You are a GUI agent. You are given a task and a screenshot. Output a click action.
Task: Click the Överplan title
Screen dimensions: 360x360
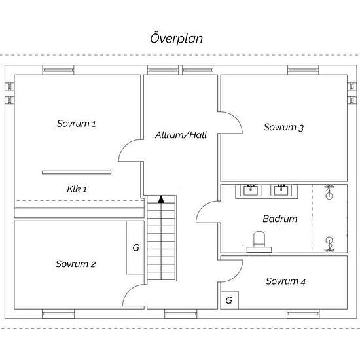click(176, 39)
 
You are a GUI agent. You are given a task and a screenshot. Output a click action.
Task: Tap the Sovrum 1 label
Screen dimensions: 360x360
click(76, 124)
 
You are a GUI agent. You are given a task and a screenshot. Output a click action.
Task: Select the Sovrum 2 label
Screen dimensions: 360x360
click(75, 264)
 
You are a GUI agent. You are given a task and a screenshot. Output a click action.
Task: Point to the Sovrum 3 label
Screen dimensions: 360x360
click(283, 127)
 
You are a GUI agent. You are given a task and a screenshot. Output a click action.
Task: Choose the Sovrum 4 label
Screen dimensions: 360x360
click(285, 281)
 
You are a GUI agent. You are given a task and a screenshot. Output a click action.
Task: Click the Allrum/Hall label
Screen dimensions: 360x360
click(181, 135)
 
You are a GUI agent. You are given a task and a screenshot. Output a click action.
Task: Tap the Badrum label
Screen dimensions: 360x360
click(280, 219)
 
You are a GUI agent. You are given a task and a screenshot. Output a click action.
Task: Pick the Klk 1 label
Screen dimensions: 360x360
click(77, 189)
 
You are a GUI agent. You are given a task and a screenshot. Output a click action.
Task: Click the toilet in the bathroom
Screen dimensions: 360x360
click(259, 242)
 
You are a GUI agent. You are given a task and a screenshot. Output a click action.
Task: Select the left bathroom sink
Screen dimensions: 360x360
click(251, 190)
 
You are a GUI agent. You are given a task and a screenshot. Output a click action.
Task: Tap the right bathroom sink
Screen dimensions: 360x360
click(281, 190)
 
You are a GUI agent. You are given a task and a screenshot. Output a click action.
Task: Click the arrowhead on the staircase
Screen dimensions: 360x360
click(161, 199)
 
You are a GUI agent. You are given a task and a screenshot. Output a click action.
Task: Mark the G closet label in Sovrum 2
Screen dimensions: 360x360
click(136, 247)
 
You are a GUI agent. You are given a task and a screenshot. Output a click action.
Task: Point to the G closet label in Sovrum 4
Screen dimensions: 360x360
click(229, 300)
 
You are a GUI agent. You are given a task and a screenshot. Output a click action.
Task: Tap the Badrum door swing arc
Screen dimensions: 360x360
click(202, 207)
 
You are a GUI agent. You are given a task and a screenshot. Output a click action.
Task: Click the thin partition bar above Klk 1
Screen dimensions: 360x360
click(77, 172)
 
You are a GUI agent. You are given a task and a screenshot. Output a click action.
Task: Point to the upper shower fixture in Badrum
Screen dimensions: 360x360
click(329, 191)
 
